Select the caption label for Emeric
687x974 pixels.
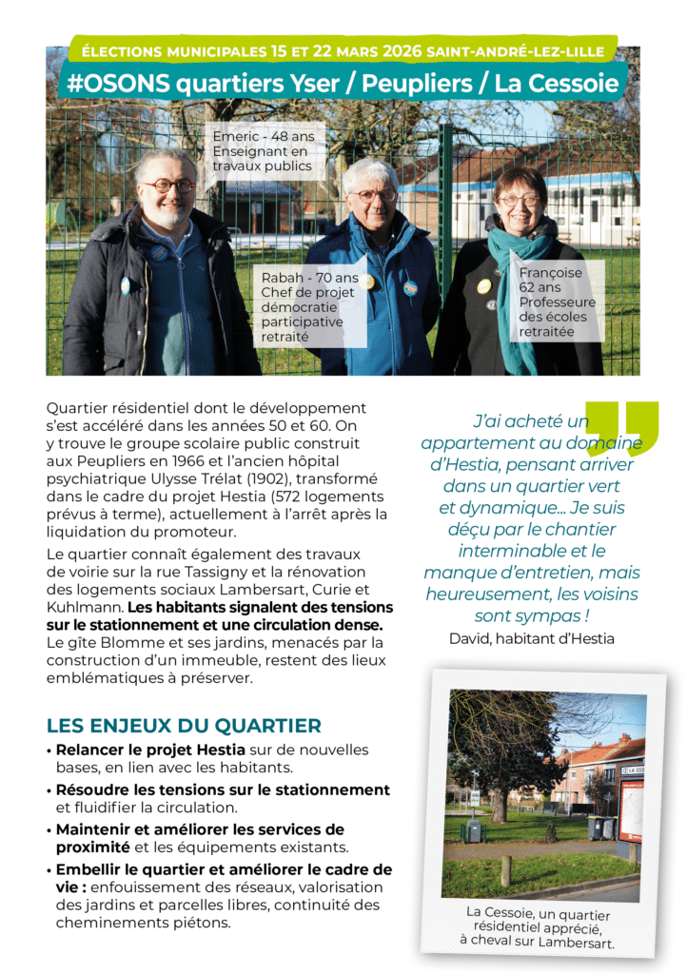[263, 150]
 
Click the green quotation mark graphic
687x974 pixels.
[622, 428]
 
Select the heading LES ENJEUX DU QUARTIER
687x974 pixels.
[184, 726]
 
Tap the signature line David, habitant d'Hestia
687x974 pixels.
[532, 638]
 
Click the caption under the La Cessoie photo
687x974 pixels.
[540, 926]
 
